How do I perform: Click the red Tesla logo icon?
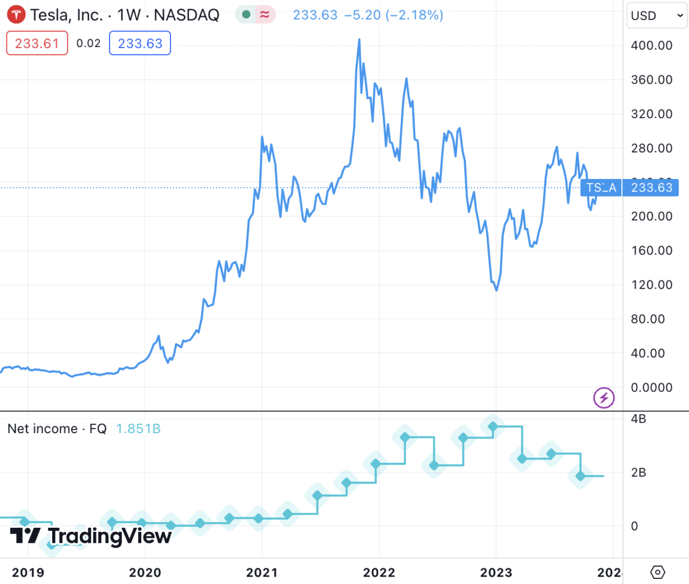coord(16,14)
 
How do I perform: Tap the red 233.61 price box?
coord(37,44)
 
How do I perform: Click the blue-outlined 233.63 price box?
coord(140,44)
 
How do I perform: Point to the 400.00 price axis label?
coord(651,45)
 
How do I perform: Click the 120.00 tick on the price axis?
coord(651,285)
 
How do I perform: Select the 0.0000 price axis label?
coord(651,388)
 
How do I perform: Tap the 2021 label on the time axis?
coord(262,573)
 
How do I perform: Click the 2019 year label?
coord(28,573)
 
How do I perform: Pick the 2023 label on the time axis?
coord(496,573)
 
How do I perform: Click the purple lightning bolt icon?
coord(604,398)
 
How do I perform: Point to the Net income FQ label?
coord(57,429)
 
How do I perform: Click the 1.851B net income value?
coord(138,429)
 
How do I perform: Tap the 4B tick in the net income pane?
coord(638,419)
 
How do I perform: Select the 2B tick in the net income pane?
coord(638,473)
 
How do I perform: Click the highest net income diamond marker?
coord(493,426)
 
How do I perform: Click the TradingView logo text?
coord(109,536)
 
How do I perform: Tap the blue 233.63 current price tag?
coord(651,188)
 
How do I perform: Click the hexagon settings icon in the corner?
coord(658,572)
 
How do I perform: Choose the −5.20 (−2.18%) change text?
coord(393,15)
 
